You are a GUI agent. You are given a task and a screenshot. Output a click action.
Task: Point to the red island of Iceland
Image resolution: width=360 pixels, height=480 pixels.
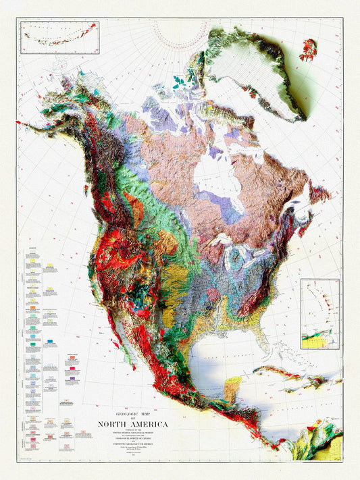[309, 49]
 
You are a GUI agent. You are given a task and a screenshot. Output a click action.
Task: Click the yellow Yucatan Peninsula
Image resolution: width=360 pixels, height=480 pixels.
[232, 388]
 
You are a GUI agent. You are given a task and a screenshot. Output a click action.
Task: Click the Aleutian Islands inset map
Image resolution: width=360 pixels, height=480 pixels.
[60, 37]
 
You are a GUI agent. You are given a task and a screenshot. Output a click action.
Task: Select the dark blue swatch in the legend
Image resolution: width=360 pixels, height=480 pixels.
[53, 343]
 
